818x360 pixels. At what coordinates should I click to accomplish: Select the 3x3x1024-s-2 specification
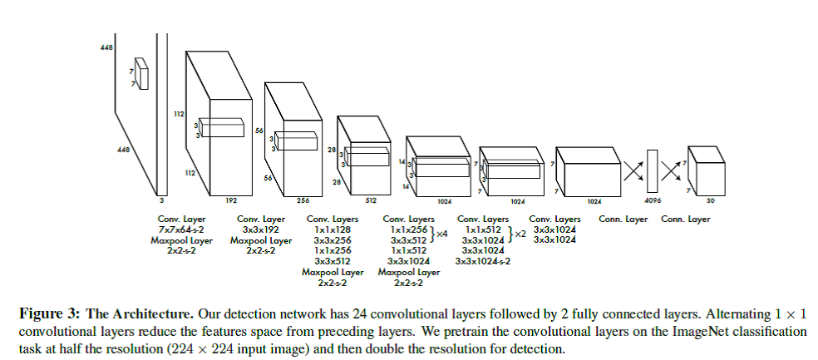483,260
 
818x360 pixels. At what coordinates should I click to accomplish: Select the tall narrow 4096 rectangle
652,171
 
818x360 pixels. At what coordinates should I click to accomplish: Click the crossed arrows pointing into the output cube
672,170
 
